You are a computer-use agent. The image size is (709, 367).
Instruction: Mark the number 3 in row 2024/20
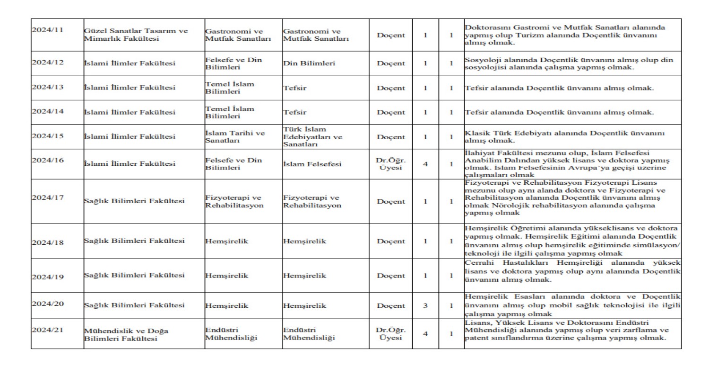coord(425,305)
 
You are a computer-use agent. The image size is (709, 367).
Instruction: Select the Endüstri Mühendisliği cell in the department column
coord(232,334)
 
